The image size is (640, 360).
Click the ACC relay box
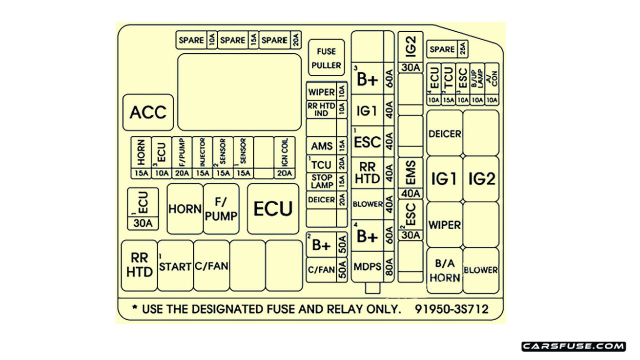coord(148,112)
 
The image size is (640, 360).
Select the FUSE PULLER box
coord(326,57)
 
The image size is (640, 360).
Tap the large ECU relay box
coord(273,209)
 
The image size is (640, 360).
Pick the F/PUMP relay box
coord(221,208)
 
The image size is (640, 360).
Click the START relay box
coord(175,266)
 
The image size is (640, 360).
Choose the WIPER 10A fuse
coord(326,92)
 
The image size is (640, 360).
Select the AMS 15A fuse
coord(326,146)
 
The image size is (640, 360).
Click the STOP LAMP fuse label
coord(322,181)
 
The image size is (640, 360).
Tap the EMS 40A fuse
coord(411,177)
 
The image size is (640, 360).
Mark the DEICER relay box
coord(444,133)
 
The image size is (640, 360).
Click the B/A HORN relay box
coord(444,270)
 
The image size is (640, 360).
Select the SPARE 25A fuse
coord(447,49)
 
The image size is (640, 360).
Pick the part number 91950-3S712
coord(451,309)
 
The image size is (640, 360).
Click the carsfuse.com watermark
coord(573,346)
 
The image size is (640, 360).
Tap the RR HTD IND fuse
coord(326,110)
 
